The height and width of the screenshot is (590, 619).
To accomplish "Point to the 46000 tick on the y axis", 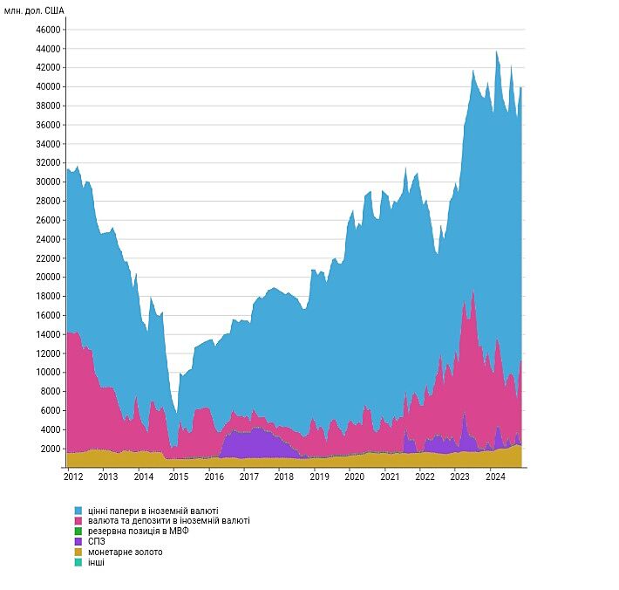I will click(x=48, y=30).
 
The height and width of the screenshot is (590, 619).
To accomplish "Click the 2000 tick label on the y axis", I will click(x=51, y=449).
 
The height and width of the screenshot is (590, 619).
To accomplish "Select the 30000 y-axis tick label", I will click(x=48, y=182).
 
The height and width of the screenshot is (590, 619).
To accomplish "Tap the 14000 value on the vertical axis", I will click(x=48, y=334).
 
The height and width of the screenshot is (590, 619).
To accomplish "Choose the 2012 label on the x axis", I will click(x=73, y=477).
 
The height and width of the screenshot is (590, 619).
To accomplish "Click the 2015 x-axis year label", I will click(x=178, y=477).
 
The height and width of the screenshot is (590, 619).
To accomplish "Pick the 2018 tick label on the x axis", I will click(x=283, y=477).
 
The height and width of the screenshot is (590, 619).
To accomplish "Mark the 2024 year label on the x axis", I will click(x=494, y=477).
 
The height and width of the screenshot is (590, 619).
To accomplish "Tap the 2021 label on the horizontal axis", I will click(x=389, y=477).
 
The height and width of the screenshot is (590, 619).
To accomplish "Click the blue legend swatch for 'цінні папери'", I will click(x=78, y=511).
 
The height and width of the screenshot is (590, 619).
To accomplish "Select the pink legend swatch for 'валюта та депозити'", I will click(x=78, y=521).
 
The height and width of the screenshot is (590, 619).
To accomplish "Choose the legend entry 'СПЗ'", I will click(x=97, y=541).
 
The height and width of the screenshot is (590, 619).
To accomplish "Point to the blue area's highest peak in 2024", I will click(x=496, y=54).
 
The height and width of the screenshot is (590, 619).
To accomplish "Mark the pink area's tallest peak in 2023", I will click(x=473, y=297).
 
